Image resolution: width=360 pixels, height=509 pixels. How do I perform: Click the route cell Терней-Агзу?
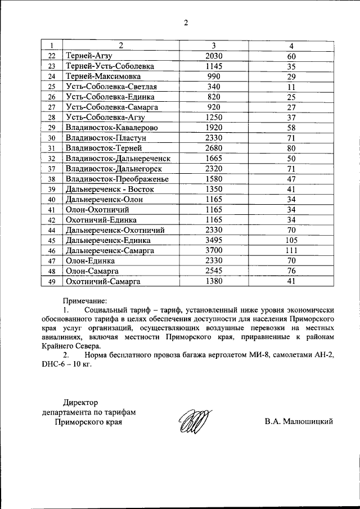(x=89, y=56)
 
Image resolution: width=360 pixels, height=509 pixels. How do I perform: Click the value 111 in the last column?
(x=291, y=250)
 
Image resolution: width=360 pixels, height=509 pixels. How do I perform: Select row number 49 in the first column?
(x=52, y=282)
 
